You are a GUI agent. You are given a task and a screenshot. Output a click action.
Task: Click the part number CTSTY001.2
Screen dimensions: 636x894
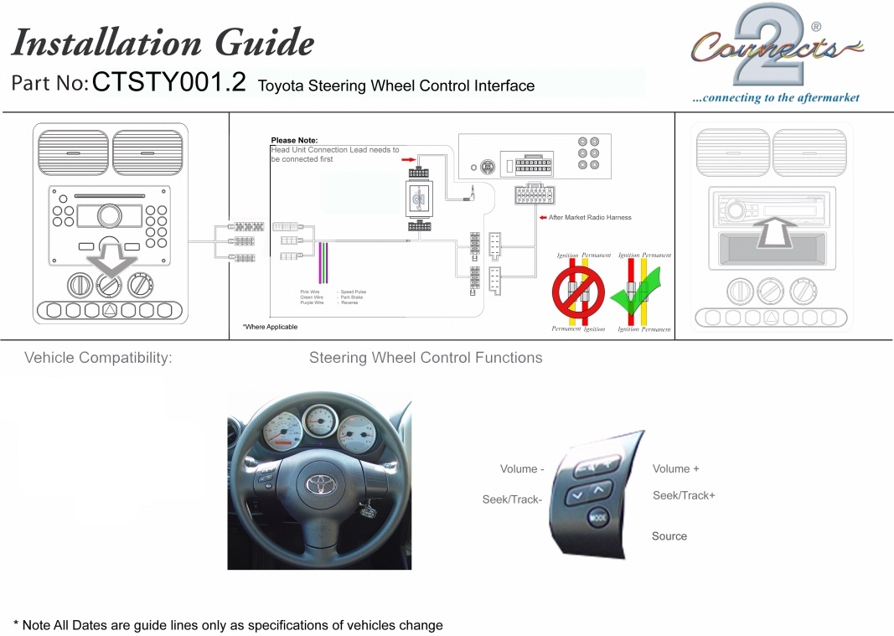(168, 83)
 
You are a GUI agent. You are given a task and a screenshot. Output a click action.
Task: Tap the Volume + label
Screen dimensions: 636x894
(675, 469)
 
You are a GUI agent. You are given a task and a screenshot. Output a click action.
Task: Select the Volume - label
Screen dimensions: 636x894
(522, 469)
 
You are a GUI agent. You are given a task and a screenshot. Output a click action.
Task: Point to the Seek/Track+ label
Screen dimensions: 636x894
(684, 496)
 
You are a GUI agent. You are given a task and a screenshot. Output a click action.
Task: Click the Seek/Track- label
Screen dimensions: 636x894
(512, 500)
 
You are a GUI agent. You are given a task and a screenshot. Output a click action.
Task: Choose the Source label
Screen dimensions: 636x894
(669, 536)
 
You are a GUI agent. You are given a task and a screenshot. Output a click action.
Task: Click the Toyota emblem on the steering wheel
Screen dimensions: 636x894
(319, 483)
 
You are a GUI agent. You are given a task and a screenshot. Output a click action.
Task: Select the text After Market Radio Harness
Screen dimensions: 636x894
(590, 218)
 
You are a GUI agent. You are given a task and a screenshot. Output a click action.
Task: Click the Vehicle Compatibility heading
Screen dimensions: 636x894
(98, 358)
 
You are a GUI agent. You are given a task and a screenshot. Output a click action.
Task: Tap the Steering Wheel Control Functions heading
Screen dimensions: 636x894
(426, 358)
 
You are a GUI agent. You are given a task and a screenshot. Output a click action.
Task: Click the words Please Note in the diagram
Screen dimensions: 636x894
(294, 141)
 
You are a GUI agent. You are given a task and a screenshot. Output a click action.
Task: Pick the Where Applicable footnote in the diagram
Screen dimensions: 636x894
(270, 327)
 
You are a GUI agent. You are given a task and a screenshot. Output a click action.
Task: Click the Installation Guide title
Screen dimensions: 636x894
(163, 42)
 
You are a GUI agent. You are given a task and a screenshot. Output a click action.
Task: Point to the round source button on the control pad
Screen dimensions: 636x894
(597, 518)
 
